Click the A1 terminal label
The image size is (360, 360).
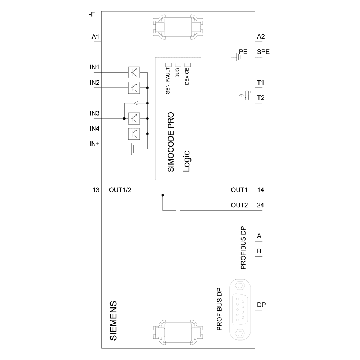click(x=95, y=37)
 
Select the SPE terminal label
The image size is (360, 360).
click(x=263, y=52)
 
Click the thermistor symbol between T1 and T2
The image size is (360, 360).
click(x=247, y=95)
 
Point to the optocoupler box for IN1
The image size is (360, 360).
click(x=134, y=72)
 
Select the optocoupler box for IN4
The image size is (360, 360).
click(x=134, y=134)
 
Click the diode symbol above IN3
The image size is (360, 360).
click(x=136, y=103)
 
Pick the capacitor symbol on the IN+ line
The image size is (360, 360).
click(x=132, y=149)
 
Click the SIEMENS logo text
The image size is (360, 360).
click(x=113, y=319)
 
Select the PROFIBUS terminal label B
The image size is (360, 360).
click(x=259, y=251)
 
